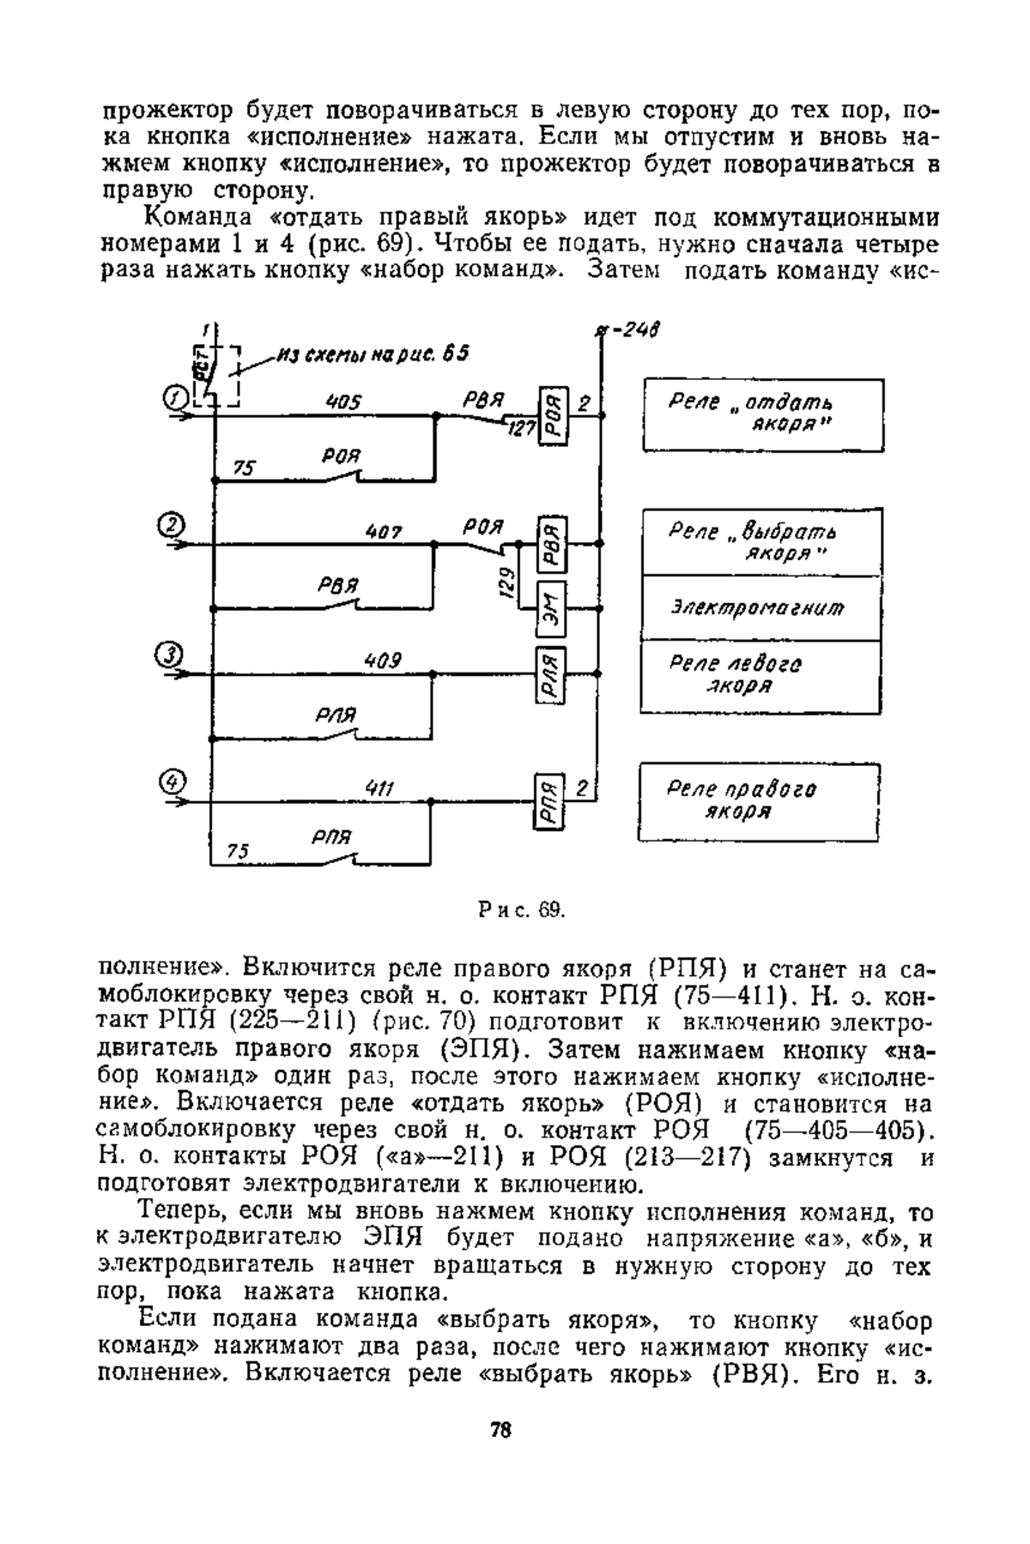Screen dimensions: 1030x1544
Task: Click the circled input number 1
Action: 174,397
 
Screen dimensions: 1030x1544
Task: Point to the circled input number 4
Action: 173,781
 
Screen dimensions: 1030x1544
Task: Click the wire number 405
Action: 344,402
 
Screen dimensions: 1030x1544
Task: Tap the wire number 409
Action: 383,661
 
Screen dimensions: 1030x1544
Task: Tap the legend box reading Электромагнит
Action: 762,608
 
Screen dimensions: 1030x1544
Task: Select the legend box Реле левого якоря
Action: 762,677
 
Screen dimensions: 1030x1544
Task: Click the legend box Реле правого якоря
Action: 760,803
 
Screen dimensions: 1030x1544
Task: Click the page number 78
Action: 501,1430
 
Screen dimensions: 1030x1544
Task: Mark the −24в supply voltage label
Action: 634,330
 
